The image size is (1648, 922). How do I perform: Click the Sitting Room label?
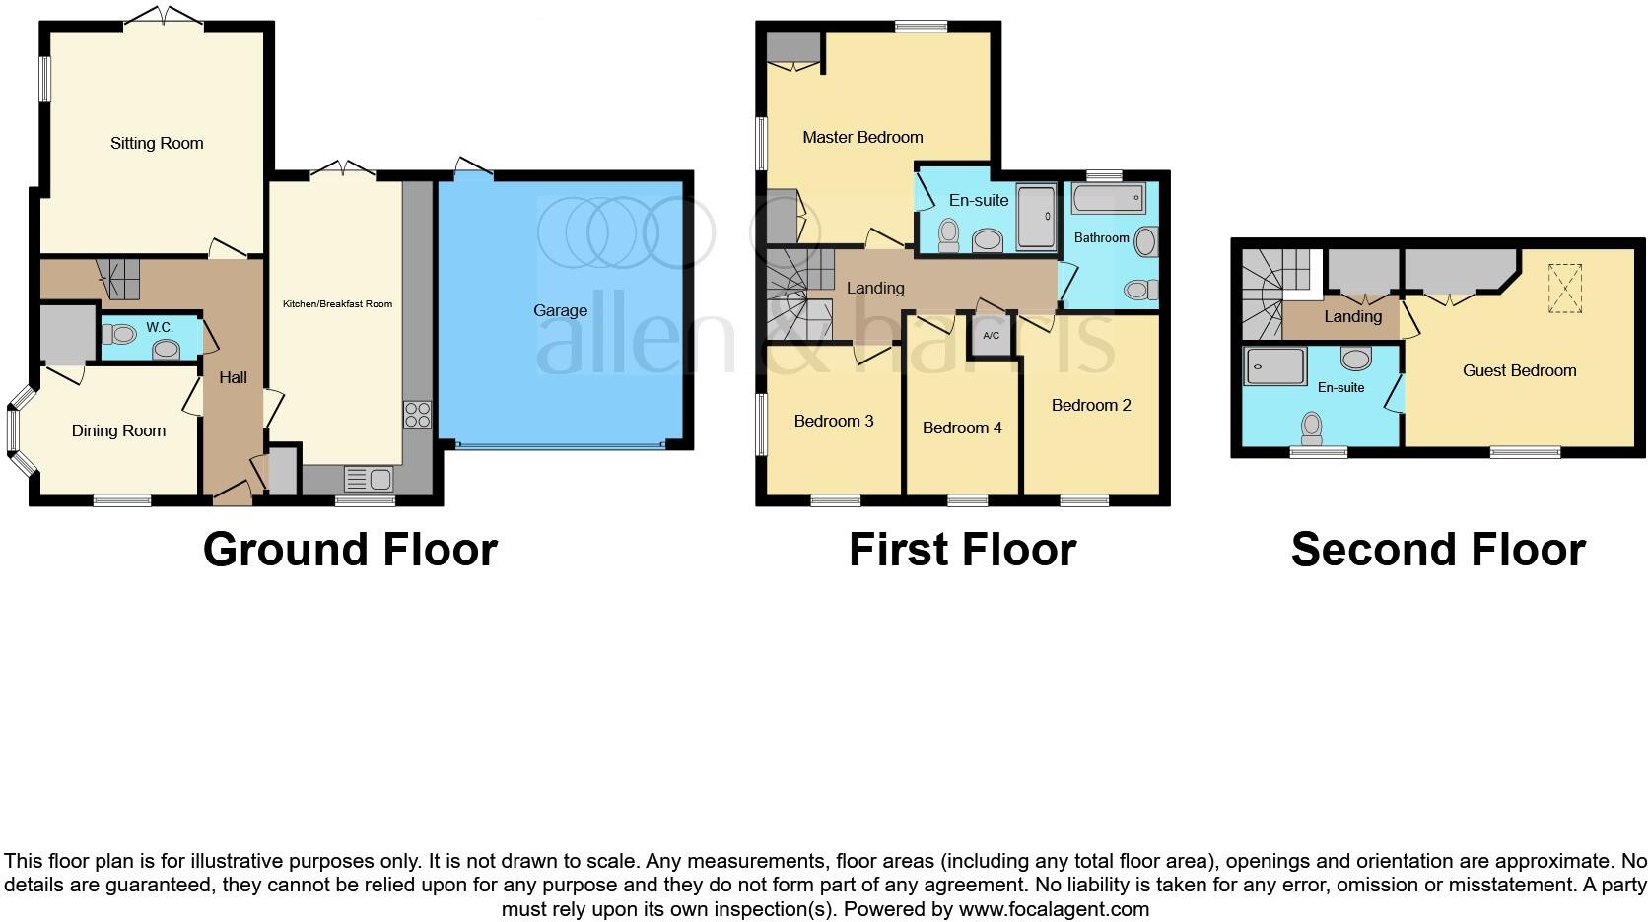(157, 143)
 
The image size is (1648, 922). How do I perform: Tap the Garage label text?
(560, 310)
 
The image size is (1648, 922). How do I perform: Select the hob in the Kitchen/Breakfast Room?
(417, 415)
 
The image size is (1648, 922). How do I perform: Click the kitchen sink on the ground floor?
(369, 480)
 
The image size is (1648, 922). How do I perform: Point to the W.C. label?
(160, 327)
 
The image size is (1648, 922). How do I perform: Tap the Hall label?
(233, 377)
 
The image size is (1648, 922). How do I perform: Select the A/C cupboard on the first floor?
(991, 336)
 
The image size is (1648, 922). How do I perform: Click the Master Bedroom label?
(862, 137)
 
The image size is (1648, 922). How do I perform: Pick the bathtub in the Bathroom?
(1108, 198)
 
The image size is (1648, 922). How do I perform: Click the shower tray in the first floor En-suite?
(1035, 216)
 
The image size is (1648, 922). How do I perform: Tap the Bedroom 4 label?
(962, 428)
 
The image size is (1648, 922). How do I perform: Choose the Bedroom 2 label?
(1090, 405)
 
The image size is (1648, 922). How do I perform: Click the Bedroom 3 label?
(834, 421)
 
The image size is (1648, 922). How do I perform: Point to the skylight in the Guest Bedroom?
(1564, 288)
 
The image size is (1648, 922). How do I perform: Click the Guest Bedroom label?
(1519, 370)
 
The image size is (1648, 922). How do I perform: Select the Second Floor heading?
(1437, 549)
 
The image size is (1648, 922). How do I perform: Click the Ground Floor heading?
(350, 549)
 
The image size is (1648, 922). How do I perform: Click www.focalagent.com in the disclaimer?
(1054, 909)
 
